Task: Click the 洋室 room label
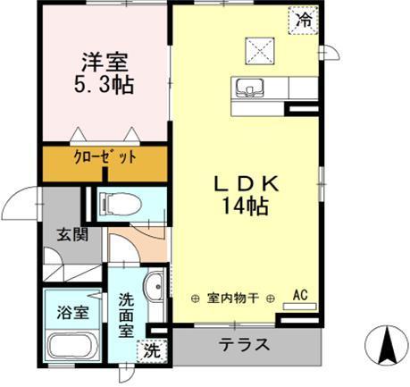point(105,65)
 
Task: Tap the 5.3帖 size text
point(105,88)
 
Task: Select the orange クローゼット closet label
point(105,158)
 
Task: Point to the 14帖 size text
point(247,206)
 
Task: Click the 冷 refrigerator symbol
point(305,18)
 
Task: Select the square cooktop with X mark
point(260,49)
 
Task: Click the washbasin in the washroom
point(153,287)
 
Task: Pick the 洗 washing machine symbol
point(151,351)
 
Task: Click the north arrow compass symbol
point(387,344)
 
